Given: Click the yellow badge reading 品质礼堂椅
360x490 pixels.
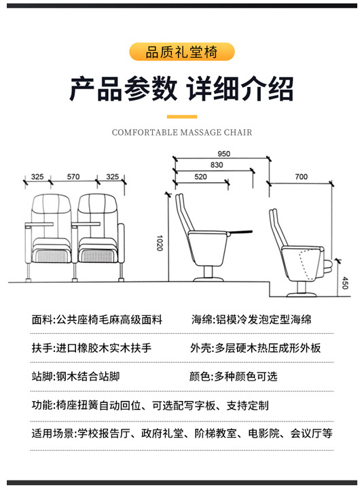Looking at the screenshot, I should (x=181, y=52).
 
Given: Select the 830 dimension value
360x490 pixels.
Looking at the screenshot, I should (x=217, y=165).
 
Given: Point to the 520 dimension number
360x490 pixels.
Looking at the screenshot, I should (x=200, y=177).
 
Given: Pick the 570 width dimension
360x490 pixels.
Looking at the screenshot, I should (x=73, y=177).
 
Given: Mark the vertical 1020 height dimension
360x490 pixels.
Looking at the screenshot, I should (x=160, y=243).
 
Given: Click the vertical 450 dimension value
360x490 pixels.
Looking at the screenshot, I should (x=344, y=283).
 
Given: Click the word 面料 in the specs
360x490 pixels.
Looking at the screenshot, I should (x=42, y=319).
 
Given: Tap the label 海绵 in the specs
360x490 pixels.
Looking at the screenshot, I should (x=202, y=319).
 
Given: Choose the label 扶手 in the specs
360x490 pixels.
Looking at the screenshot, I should (x=42, y=348).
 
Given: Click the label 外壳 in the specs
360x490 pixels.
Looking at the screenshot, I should (x=202, y=348).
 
